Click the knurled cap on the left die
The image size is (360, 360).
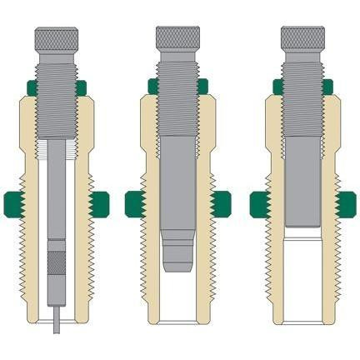coord(57,38)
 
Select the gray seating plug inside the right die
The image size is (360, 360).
coord(303,183)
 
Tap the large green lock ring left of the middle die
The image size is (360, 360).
coord(136,202)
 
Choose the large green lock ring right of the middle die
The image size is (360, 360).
coord(222,202)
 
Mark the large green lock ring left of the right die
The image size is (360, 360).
coord(260,202)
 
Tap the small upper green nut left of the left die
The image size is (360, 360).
coord(31,86)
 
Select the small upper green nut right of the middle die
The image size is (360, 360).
coord(205,86)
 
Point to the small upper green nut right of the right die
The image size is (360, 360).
coord(329,86)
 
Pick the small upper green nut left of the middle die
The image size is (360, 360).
coord(153,86)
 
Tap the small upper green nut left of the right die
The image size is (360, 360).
coord(277,86)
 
